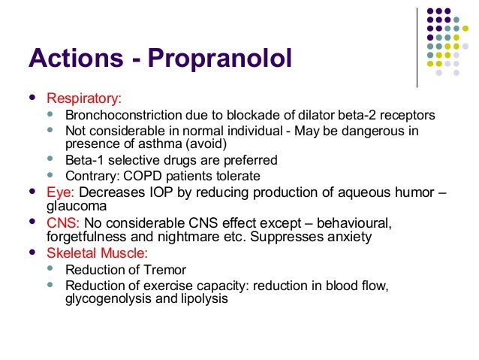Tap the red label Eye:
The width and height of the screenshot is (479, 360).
pos(60,192)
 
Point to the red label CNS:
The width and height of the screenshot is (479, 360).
pos(64,223)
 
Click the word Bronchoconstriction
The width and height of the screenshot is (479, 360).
pos(122,116)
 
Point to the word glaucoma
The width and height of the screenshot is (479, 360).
pos(77,205)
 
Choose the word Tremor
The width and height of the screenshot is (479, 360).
pos(167,270)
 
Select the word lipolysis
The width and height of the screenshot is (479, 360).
pos(201,298)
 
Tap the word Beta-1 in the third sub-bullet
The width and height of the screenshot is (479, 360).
pos(84,160)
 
